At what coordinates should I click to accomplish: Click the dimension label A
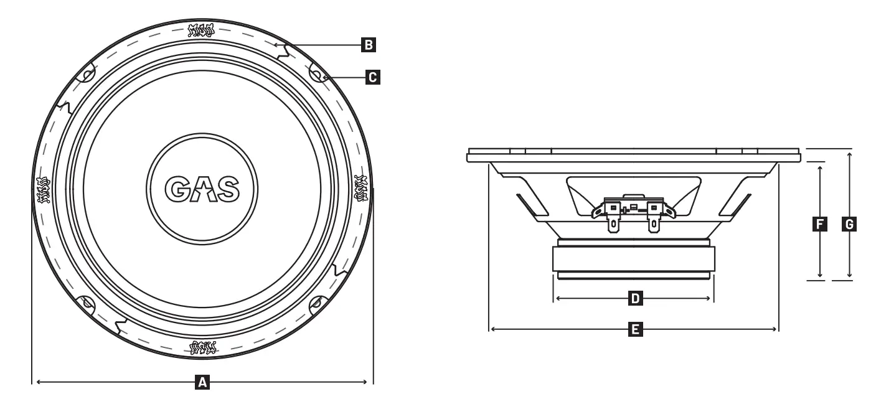(202, 382)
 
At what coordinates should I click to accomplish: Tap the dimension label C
(372, 77)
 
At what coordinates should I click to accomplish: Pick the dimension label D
(634, 299)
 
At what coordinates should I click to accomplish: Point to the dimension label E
(634, 329)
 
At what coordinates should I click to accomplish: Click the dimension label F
(821, 223)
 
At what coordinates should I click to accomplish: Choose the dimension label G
(849, 223)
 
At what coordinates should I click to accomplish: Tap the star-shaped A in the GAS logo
(202, 188)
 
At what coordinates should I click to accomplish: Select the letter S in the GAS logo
(226, 188)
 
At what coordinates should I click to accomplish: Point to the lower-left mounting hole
(87, 303)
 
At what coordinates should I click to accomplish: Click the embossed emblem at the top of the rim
(202, 30)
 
